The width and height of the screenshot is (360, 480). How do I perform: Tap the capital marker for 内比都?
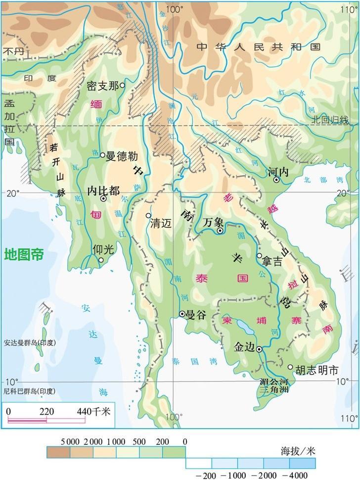[103, 198]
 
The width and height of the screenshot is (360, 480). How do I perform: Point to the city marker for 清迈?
[148, 215]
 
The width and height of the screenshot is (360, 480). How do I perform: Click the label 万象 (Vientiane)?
[215, 222]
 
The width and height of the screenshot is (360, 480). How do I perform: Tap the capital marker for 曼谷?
[182, 314]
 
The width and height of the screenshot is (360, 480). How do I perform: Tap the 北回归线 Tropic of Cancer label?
[330, 120]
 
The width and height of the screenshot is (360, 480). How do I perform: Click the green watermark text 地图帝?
[24, 255]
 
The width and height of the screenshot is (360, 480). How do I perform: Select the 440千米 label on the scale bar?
[94, 411]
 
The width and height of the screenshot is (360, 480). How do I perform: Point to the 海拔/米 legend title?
[297, 451]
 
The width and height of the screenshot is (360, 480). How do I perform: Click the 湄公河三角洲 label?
[277, 385]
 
